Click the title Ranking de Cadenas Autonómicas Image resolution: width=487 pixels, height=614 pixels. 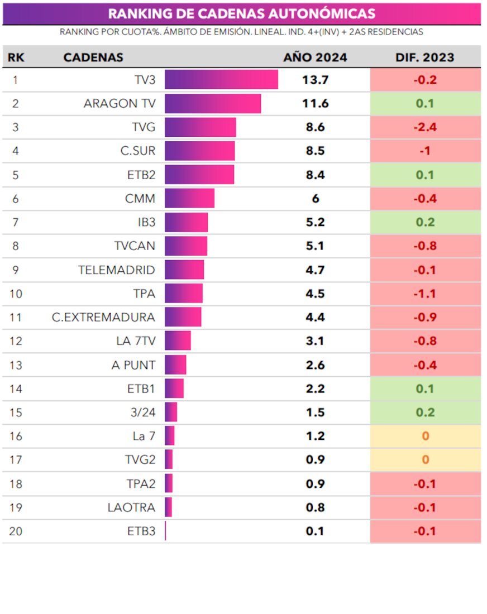pyautogui.click(x=241, y=13)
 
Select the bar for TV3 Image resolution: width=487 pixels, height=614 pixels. pyautogui.click(x=221, y=80)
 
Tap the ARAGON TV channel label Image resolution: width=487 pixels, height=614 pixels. pyautogui.click(x=119, y=104)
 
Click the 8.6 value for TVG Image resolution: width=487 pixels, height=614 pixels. pyautogui.click(x=315, y=127)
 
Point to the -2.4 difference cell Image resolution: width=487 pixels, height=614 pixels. pyautogui.click(x=425, y=127)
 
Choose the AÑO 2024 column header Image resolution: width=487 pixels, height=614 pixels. pyautogui.click(x=315, y=57)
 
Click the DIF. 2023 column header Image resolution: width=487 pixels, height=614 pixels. pyautogui.click(x=425, y=57)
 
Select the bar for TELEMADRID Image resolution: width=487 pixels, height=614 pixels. pyautogui.click(x=184, y=270)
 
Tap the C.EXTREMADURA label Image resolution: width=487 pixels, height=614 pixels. pyautogui.click(x=103, y=317)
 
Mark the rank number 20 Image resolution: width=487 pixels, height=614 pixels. pyautogui.click(x=16, y=531)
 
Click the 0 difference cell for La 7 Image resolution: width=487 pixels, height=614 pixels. pyautogui.click(x=425, y=436)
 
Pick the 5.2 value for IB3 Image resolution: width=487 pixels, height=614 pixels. pyautogui.click(x=315, y=222)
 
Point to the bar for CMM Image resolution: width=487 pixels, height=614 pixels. pyautogui.click(x=189, y=199)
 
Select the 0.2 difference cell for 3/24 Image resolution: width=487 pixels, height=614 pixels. pyautogui.click(x=425, y=412)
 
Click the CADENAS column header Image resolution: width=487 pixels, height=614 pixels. pyautogui.click(x=93, y=57)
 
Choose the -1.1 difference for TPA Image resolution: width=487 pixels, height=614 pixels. pyautogui.click(x=425, y=294)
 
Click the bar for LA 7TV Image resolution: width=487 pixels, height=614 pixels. pyautogui.click(x=178, y=341)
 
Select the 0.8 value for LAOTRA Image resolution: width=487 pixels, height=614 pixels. pyautogui.click(x=315, y=507)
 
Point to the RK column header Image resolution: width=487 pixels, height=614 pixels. pyautogui.click(x=16, y=57)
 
